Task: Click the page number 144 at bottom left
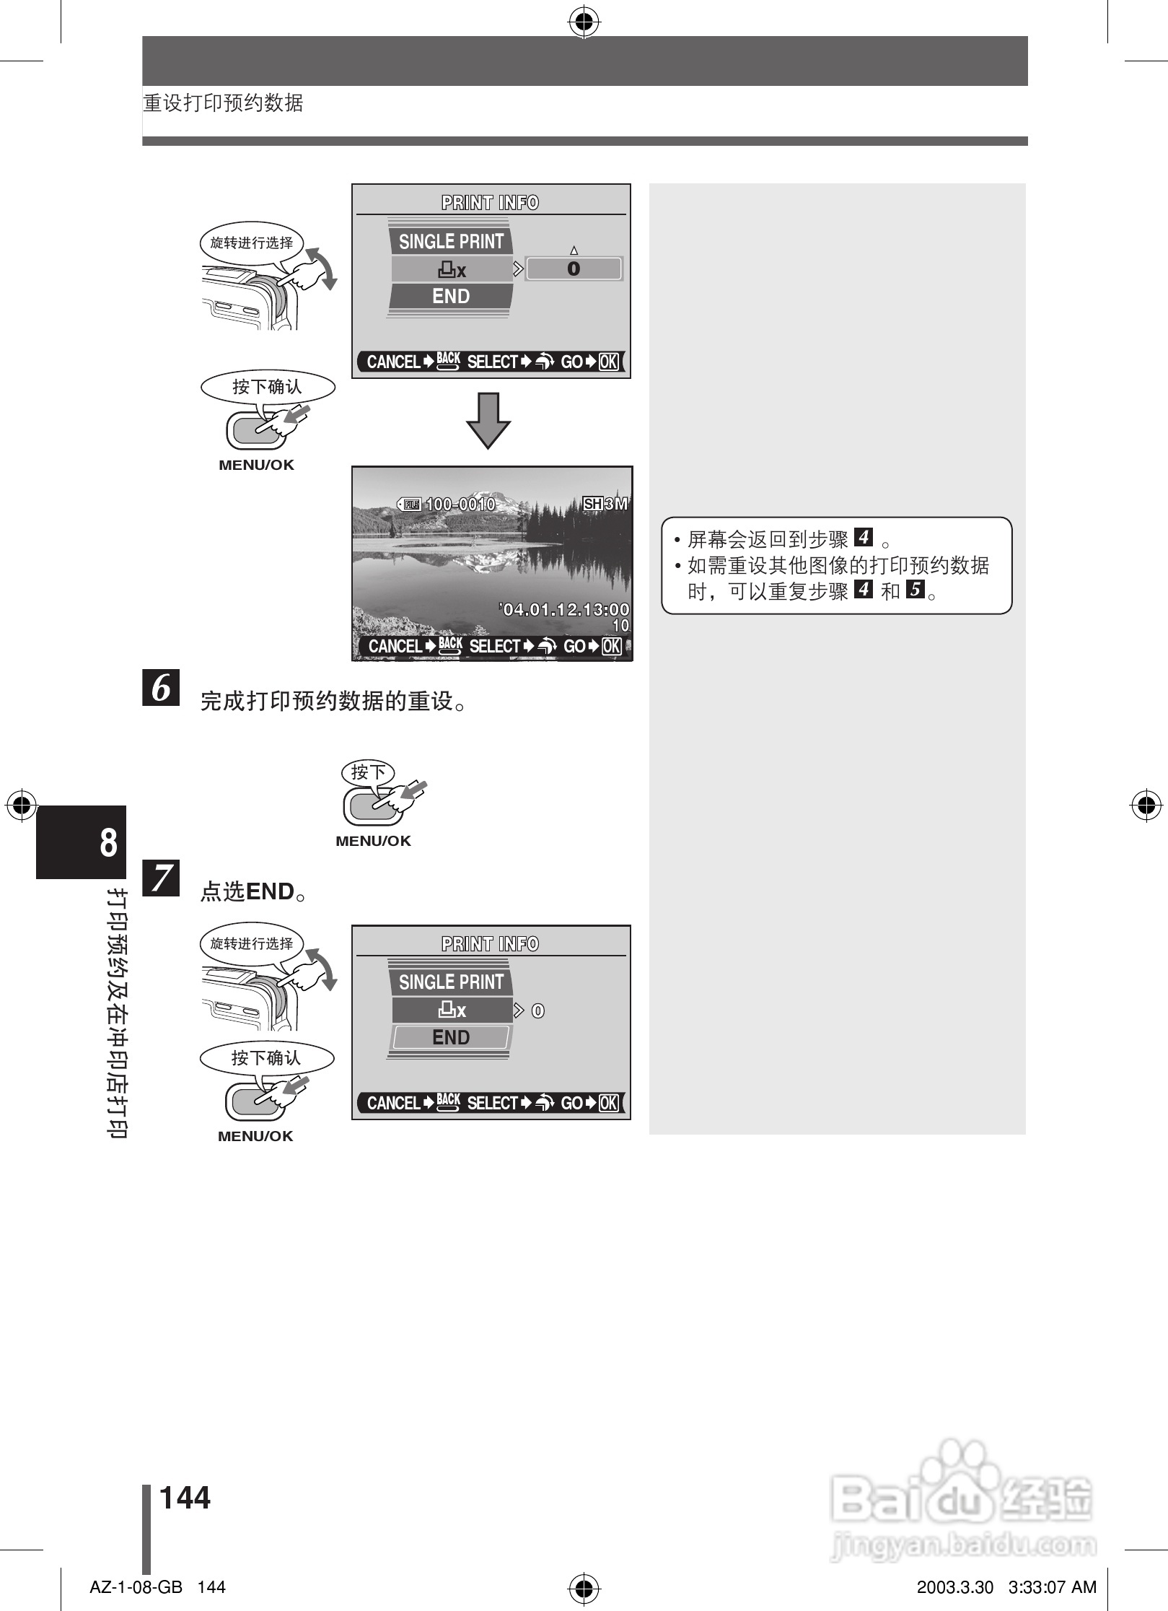point(185,1498)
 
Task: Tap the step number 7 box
point(161,877)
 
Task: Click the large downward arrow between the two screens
point(488,421)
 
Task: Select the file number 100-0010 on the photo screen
point(460,504)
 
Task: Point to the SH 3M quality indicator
point(605,504)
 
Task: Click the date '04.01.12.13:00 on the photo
point(565,610)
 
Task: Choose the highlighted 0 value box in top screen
point(574,268)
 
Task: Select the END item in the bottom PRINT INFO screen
point(451,1037)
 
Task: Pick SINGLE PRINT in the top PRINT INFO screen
point(451,241)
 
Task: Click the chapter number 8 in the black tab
point(108,842)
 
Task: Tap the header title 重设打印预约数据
point(223,103)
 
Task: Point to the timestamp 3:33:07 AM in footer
point(1052,1587)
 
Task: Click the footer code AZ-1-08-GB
point(136,1587)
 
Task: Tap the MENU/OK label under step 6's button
point(373,841)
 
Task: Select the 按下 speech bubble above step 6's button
point(368,772)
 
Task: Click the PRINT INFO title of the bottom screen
point(490,944)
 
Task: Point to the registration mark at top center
point(584,23)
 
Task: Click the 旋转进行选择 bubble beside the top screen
point(251,243)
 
